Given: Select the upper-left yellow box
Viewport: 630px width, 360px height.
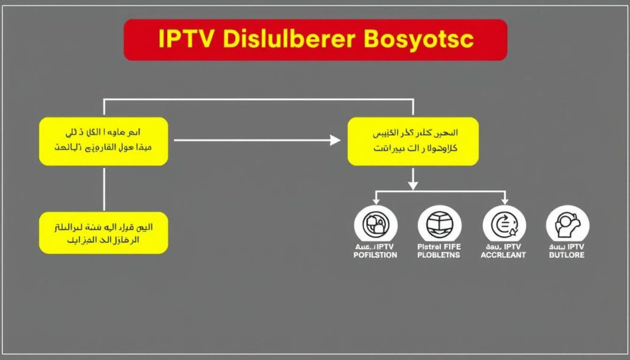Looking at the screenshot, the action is pos(103,142).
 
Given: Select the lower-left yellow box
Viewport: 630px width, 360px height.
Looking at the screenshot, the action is pos(103,233).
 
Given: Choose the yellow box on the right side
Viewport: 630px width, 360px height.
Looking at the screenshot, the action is pos(413,142).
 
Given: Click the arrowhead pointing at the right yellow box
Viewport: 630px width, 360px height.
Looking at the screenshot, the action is pos(335,140).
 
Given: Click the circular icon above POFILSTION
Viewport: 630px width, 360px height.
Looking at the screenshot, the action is pos(376,223).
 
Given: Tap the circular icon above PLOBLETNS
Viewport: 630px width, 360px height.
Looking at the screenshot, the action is pos(439,223).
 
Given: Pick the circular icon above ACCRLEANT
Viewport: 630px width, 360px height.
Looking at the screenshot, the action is pos(504,223).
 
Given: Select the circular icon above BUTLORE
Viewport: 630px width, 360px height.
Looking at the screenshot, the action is pos(567,223).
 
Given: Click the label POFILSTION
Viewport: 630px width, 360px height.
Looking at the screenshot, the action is pos(376,255).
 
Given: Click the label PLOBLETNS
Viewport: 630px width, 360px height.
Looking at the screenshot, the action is pos(439,255).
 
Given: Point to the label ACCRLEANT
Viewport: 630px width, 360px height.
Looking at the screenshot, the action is pos(503,255).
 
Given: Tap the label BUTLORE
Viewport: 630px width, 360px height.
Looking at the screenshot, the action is pos(567,255).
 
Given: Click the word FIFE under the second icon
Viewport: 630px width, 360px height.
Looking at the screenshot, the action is pos(451,247).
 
